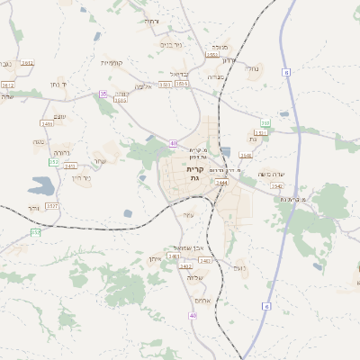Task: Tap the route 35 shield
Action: coord(103,94)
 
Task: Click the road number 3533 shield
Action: coord(165,85)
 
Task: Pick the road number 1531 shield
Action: coord(212,54)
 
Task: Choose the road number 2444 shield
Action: coord(221,182)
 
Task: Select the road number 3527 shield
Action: coord(52,206)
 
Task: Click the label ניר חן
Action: coord(81,177)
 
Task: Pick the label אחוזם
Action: coord(202,301)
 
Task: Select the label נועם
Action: coord(239,266)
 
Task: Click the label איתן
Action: coord(154,258)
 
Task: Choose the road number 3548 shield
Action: coord(246,155)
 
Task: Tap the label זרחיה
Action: coord(151,21)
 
